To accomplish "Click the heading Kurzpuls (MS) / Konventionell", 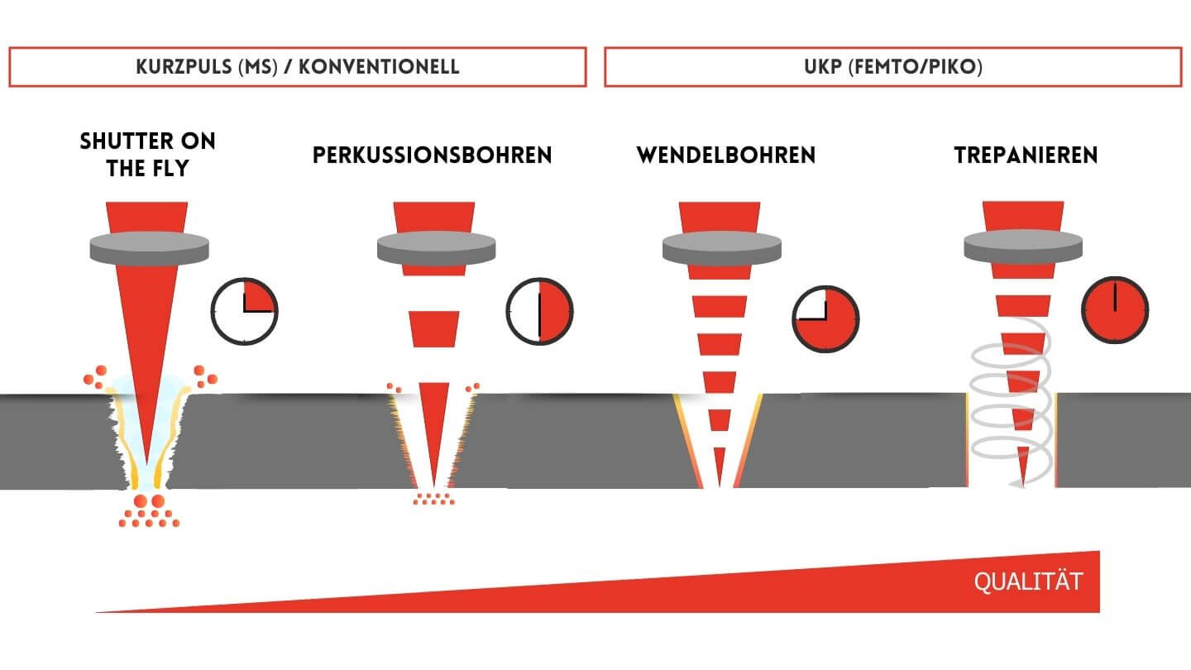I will click(298, 67).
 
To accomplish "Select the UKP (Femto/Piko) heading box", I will click(892, 67).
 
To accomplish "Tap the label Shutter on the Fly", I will click(147, 155).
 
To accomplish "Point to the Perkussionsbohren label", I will click(432, 156).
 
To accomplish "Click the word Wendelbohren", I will click(725, 156).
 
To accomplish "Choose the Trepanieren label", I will click(1026, 156).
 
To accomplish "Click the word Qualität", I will click(1027, 581).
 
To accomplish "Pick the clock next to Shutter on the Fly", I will click(245, 311).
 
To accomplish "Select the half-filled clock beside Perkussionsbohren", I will click(539, 311).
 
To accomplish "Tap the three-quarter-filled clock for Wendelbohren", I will click(825, 318).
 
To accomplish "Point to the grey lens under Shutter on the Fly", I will click(148, 246).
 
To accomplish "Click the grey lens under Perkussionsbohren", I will click(436, 246).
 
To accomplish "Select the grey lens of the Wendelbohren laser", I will click(722, 246).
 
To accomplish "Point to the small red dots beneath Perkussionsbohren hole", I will click(433, 499).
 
